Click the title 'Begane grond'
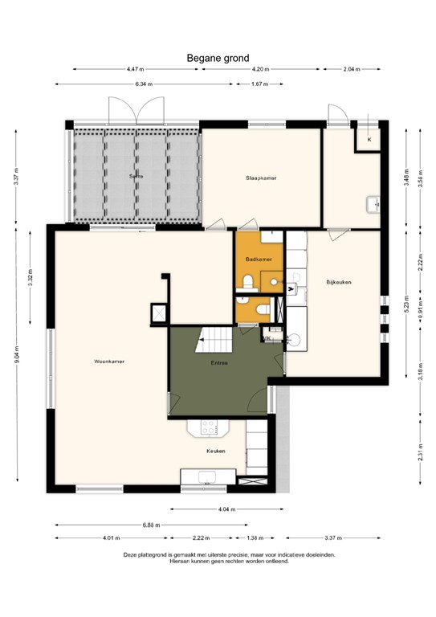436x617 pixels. [218, 58]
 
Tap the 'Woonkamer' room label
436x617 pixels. [109, 361]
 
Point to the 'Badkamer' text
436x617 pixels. [258, 259]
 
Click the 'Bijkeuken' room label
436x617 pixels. [339, 282]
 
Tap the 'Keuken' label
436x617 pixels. [215, 451]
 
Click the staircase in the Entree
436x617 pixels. [215, 341]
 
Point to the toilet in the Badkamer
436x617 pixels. [249, 280]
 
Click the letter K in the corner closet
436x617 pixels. [369, 140]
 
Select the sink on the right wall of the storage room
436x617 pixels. [373, 204]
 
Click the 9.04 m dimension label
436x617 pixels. [16, 358]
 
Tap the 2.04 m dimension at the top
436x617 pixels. [352, 70]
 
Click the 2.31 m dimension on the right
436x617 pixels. [419, 455]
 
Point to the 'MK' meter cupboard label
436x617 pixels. [267, 338]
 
